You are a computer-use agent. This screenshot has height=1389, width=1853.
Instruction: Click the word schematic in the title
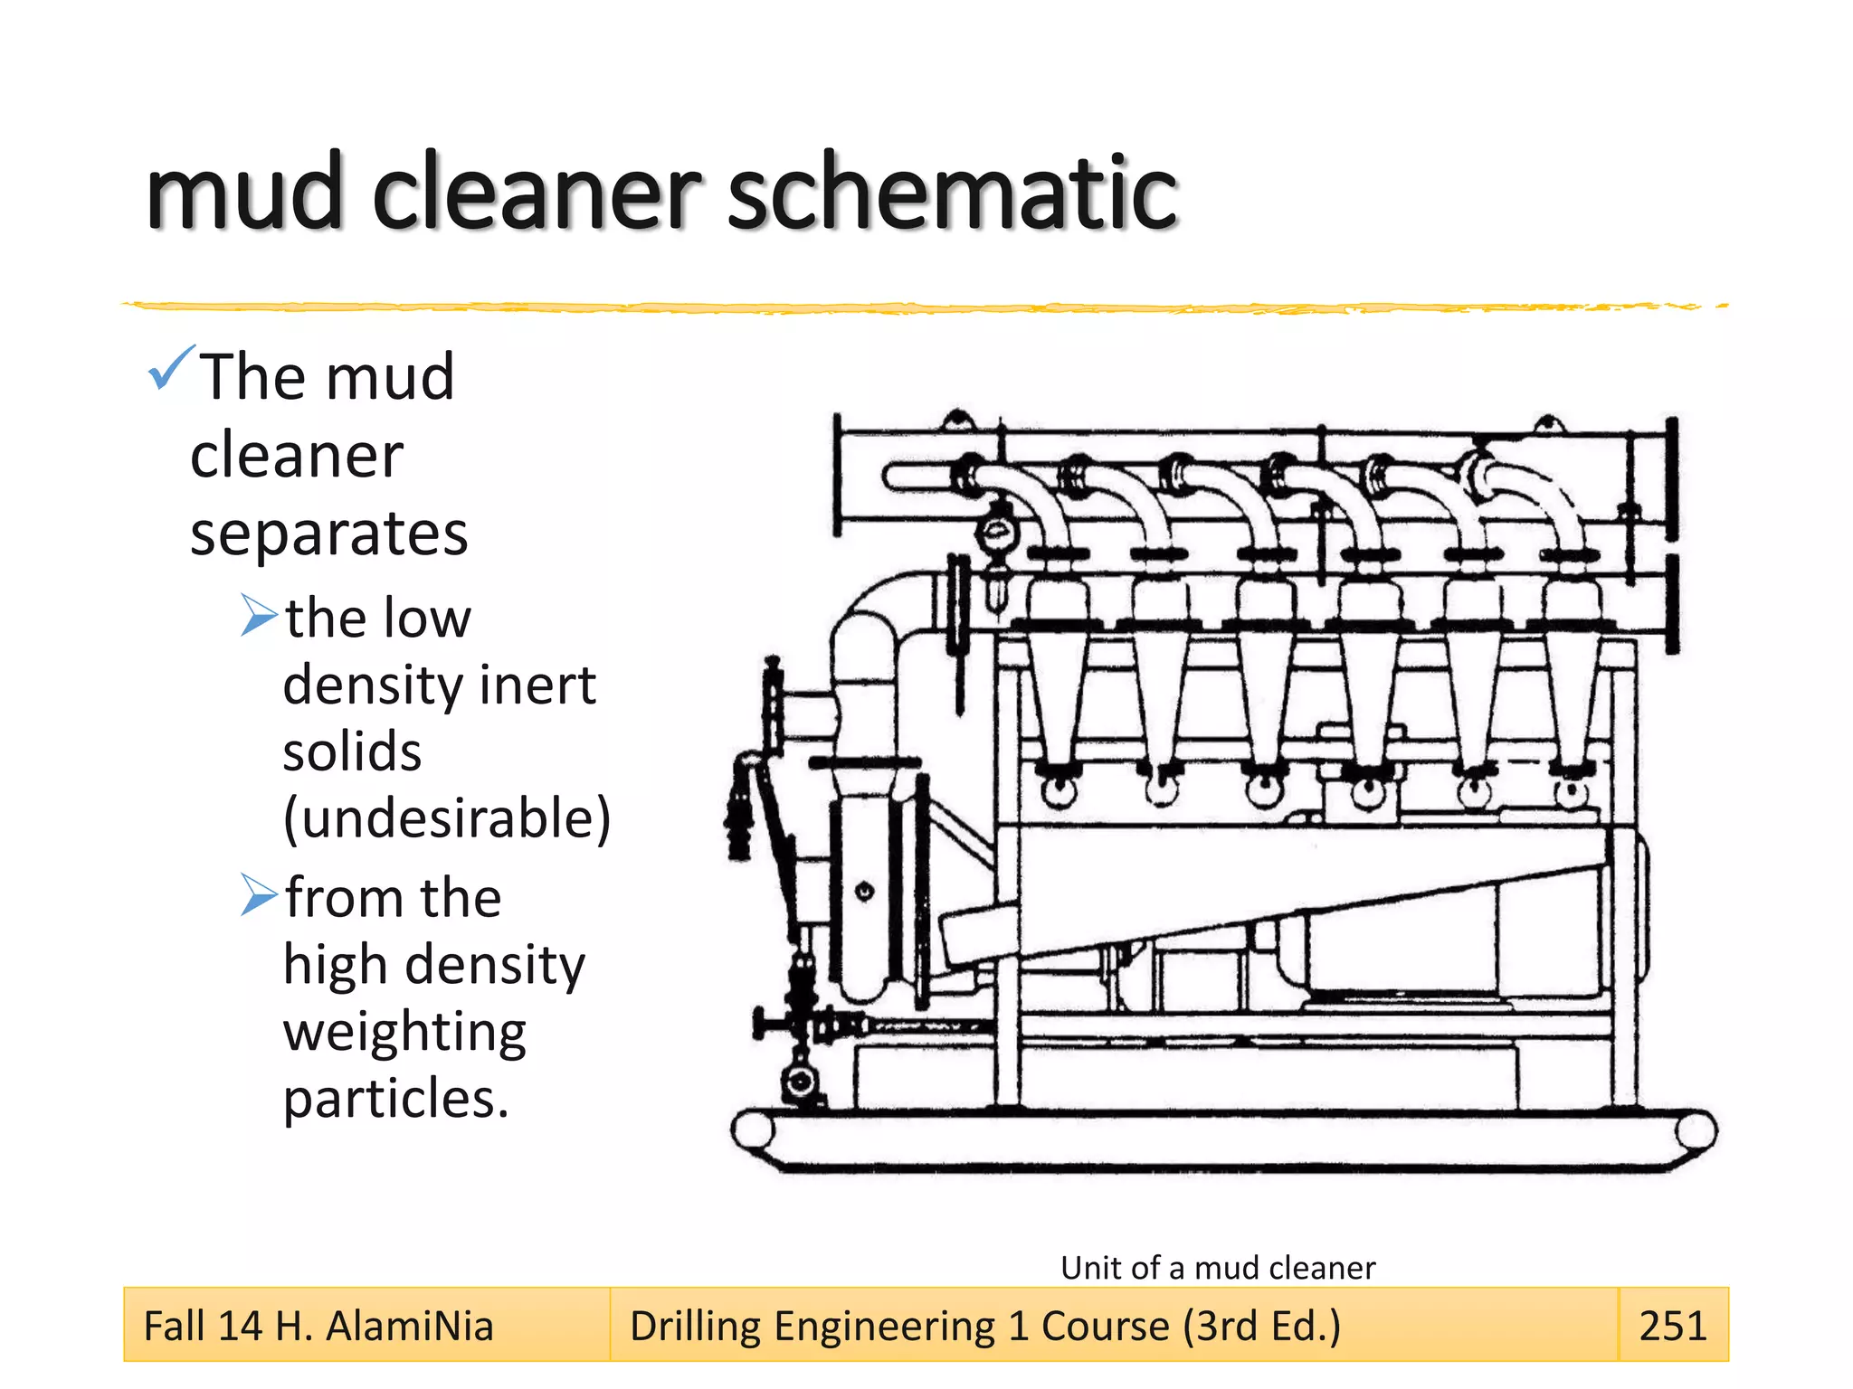[x=952, y=192]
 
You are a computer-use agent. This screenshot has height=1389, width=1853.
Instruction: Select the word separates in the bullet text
[x=329, y=534]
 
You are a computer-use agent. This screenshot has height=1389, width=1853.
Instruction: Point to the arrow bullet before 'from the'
[x=259, y=894]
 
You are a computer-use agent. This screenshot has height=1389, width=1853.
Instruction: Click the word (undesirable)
[x=447, y=818]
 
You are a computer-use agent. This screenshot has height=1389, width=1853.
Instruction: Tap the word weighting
[x=404, y=1032]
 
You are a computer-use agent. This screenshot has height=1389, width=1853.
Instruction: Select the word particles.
[x=395, y=1099]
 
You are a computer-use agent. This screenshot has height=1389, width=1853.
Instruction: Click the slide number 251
[x=1672, y=1326]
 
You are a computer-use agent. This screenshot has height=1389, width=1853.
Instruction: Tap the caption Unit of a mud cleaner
[x=1217, y=1268]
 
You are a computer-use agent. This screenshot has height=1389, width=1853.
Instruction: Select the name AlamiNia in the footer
[x=409, y=1327]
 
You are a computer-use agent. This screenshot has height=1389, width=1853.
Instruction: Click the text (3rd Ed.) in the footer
[x=1261, y=1327]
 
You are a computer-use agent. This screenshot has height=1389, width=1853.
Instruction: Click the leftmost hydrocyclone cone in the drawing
[x=1057, y=687]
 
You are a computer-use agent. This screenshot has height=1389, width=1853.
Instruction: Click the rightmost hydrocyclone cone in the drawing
[x=1572, y=687]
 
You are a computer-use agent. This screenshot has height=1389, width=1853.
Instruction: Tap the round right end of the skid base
[x=1696, y=1130]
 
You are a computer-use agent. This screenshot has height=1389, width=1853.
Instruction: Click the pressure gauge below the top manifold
[x=997, y=533]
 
